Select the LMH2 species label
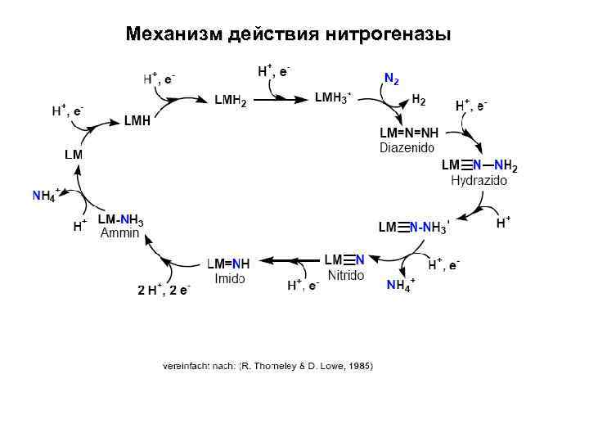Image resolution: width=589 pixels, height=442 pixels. point(231,101)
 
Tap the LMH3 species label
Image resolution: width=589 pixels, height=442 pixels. point(332,98)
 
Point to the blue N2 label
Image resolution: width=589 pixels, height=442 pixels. point(392,79)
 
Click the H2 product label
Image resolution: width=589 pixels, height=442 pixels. point(418,100)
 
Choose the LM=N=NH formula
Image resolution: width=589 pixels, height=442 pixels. point(408,133)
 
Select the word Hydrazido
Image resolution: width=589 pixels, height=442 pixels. point(479,181)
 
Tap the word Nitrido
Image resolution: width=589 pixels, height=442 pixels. point(345,275)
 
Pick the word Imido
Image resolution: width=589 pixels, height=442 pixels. point(229,278)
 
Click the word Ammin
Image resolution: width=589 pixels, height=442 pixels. point(120,233)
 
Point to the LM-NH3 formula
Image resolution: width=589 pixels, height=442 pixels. point(120,220)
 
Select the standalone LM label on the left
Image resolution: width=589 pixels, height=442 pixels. point(74,154)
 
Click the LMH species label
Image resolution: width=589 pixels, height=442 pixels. point(137,121)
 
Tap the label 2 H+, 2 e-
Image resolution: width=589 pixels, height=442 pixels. point(164,291)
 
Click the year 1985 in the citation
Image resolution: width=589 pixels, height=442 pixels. point(359,366)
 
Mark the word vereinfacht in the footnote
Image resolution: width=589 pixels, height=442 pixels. point(187,366)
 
